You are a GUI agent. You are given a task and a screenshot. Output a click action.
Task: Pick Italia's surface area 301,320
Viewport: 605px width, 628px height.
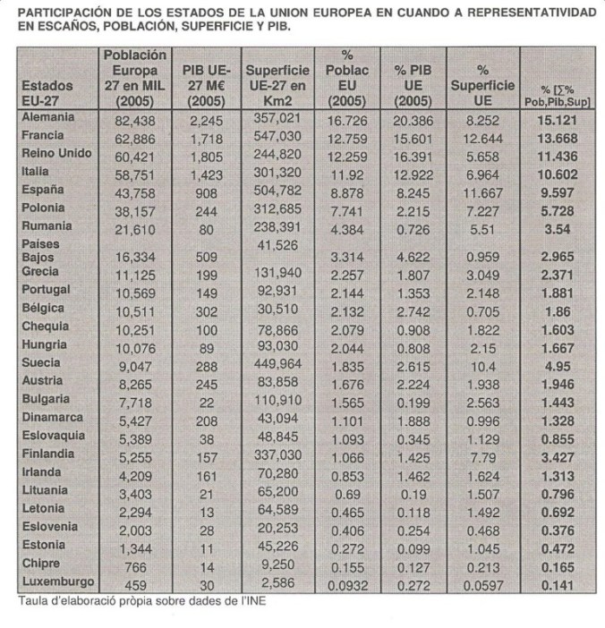[x=277, y=173]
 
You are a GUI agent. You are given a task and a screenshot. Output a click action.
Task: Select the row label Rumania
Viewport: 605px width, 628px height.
[x=47, y=226]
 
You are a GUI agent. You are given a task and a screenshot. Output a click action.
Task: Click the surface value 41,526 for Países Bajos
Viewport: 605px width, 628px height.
[x=277, y=244]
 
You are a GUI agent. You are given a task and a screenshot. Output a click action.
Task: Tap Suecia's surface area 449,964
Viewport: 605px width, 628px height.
[x=277, y=365]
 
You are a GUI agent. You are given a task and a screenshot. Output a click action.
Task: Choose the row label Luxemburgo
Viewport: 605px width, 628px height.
[x=56, y=582]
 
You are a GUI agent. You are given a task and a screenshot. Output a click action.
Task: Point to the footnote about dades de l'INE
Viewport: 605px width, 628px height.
[x=142, y=601]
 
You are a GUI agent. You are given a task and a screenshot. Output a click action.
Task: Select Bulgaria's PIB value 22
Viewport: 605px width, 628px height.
[x=207, y=402]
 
